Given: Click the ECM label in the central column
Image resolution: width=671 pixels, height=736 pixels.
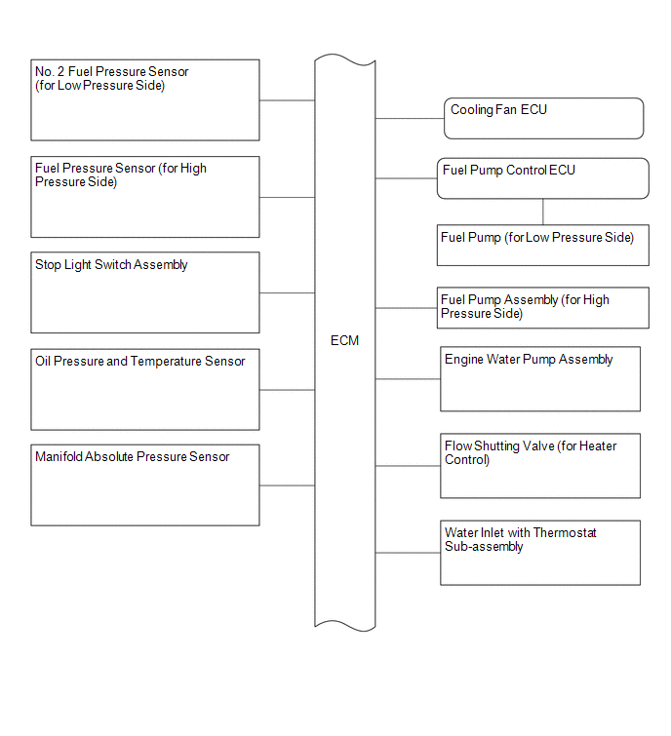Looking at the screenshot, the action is pyautogui.click(x=344, y=340).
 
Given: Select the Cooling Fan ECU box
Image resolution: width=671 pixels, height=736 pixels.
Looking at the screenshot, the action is pyautogui.click(x=543, y=118).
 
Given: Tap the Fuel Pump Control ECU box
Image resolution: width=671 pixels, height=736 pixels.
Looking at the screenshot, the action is pyautogui.click(x=543, y=178).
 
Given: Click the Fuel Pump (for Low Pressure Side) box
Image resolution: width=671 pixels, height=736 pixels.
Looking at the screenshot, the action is pyautogui.click(x=543, y=245).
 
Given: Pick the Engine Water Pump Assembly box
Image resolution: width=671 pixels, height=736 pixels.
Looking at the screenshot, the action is pyautogui.click(x=540, y=379).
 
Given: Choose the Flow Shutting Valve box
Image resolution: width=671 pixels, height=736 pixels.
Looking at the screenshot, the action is pyautogui.click(x=540, y=466).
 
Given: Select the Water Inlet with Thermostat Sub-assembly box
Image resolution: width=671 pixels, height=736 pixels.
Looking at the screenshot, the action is pyautogui.click(x=540, y=553).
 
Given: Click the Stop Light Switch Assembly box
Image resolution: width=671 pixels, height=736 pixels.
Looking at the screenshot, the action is pyautogui.click(x=145, y=292).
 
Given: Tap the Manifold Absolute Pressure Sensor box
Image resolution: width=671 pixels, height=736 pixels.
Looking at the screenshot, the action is pyautogui.click(x=145, y=484).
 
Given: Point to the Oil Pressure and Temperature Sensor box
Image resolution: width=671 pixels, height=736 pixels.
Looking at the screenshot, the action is pyautogui.click(x=145, y=389).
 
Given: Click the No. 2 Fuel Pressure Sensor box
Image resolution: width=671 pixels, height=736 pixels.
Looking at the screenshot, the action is pyautogui.click(x=145, y=100).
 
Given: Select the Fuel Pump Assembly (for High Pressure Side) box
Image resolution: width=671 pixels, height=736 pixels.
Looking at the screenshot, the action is pyautogui.click(x=543, y=307).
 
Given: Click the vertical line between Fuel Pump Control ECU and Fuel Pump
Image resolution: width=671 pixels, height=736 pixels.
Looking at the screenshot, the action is pyautogui.click(x=543, y=212).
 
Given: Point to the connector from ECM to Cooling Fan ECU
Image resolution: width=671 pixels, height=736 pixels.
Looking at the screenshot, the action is pyautogui.click(x=410, y=118).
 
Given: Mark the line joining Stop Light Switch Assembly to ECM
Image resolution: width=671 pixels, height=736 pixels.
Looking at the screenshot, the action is pyautogui.click(x=287, y=292).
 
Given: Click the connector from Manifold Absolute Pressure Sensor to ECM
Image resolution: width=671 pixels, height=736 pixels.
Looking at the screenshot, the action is pyautogui.click(x=287, y=485).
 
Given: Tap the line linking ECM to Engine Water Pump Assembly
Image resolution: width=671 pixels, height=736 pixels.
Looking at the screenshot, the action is pyautogui.click(x=408, y=379).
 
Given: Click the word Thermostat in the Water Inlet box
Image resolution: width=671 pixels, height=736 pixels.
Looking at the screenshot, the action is pyautogui.click(x=565, y=533).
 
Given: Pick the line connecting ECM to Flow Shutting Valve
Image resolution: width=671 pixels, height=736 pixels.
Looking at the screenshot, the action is pyautogui.click(x=408, y=466).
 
